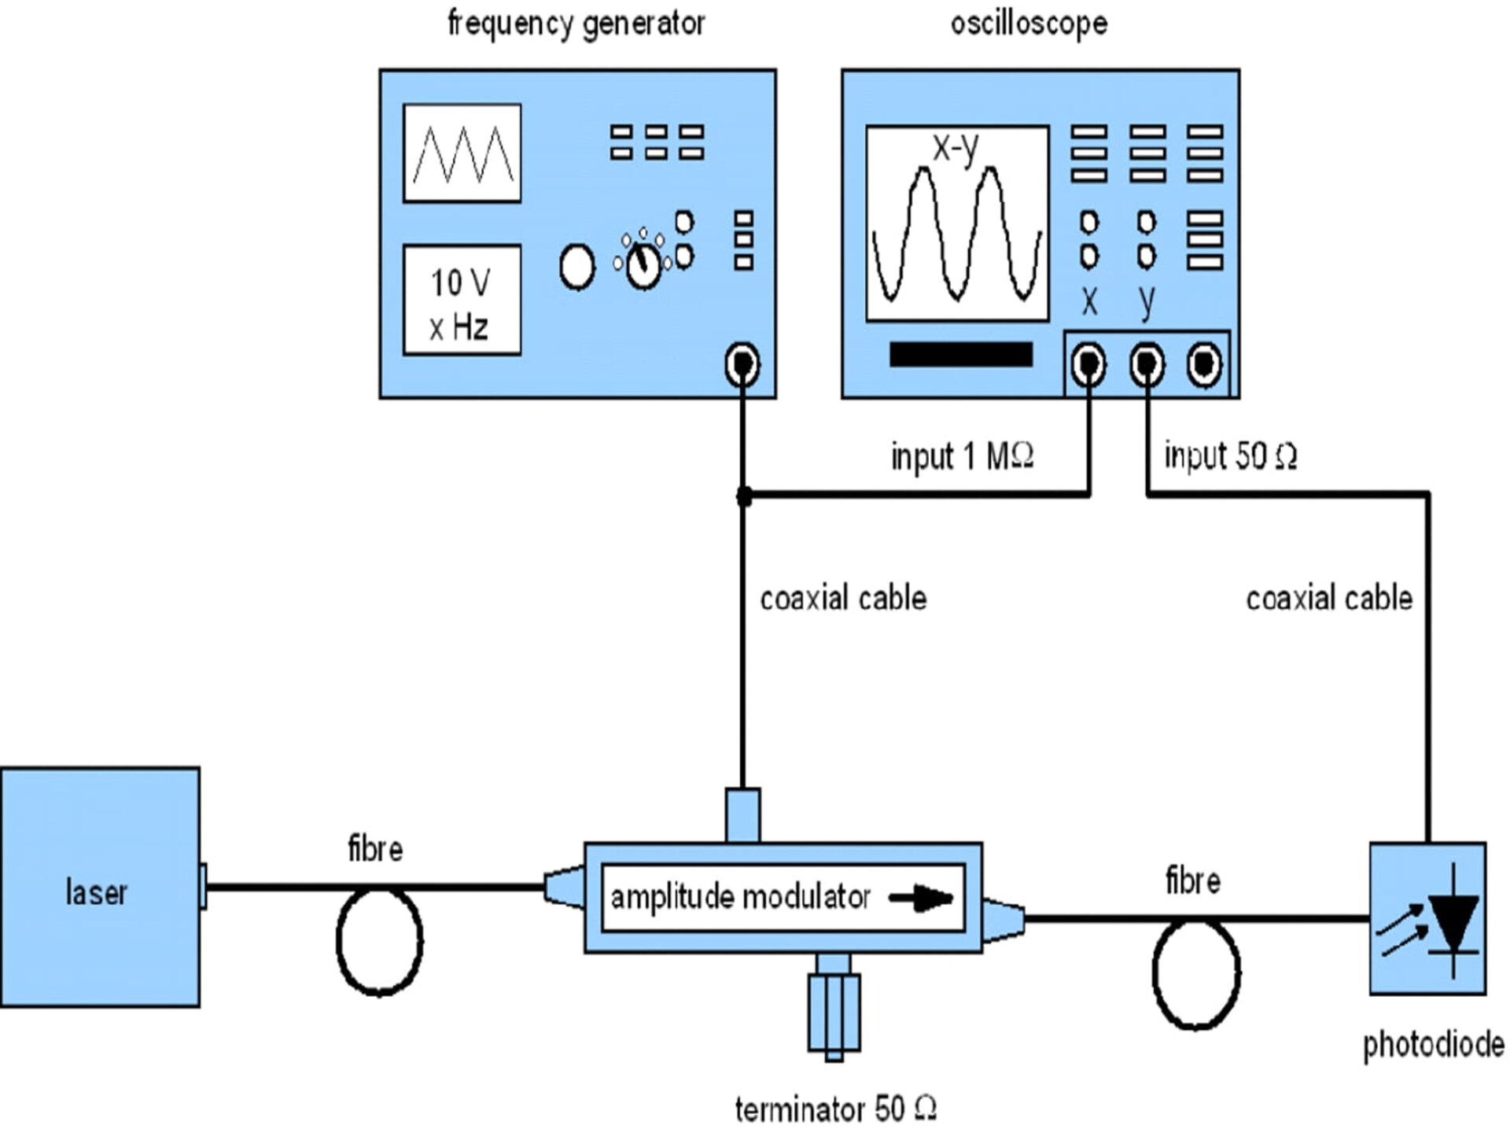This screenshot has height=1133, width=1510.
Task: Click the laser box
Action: (x=100, y=887)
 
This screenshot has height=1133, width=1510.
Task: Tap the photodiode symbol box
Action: (x=1427, y=918)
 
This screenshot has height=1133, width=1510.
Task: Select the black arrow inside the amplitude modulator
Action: (x=920, y=898)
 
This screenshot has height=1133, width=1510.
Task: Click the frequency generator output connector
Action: (x=742, y=364)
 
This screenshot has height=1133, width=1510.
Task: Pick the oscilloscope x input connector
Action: (x=1088, y=364)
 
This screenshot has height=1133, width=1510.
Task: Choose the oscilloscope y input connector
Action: (x=1147, y=364)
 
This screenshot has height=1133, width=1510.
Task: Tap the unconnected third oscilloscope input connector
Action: (x=1204, y=364)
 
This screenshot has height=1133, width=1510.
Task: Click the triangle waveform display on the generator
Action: (x=462, y=153)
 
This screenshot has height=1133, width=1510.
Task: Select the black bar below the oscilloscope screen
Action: (x=960, y=355)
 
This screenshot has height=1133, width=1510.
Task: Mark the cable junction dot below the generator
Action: (x=743, y=496)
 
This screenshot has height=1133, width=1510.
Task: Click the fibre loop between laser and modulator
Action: (x=379, y=940)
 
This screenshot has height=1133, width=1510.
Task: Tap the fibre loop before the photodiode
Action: (x=1195, y=973)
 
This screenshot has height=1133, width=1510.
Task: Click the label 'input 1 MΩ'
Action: (x=961, y=456)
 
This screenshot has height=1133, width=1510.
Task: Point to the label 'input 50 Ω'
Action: (x=1230, y=456)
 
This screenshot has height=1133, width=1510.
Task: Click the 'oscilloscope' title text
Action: (x=1029, y=24)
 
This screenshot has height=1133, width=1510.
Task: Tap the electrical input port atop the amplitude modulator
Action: (x=742, y=815)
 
